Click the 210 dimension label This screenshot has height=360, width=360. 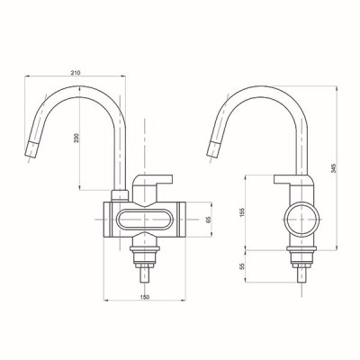[x=76, y=73]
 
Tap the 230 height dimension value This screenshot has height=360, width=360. [x=76, y=138]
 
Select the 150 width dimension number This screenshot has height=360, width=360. [x=145, y=297]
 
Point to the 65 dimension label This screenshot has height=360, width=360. [x=209, y=220]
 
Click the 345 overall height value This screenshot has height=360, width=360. [x=334, y=168]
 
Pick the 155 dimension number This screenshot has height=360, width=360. [x=243, y=212]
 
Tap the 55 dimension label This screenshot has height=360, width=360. [x=243, y=265]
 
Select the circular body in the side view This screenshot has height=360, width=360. [x=301, y=220]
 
